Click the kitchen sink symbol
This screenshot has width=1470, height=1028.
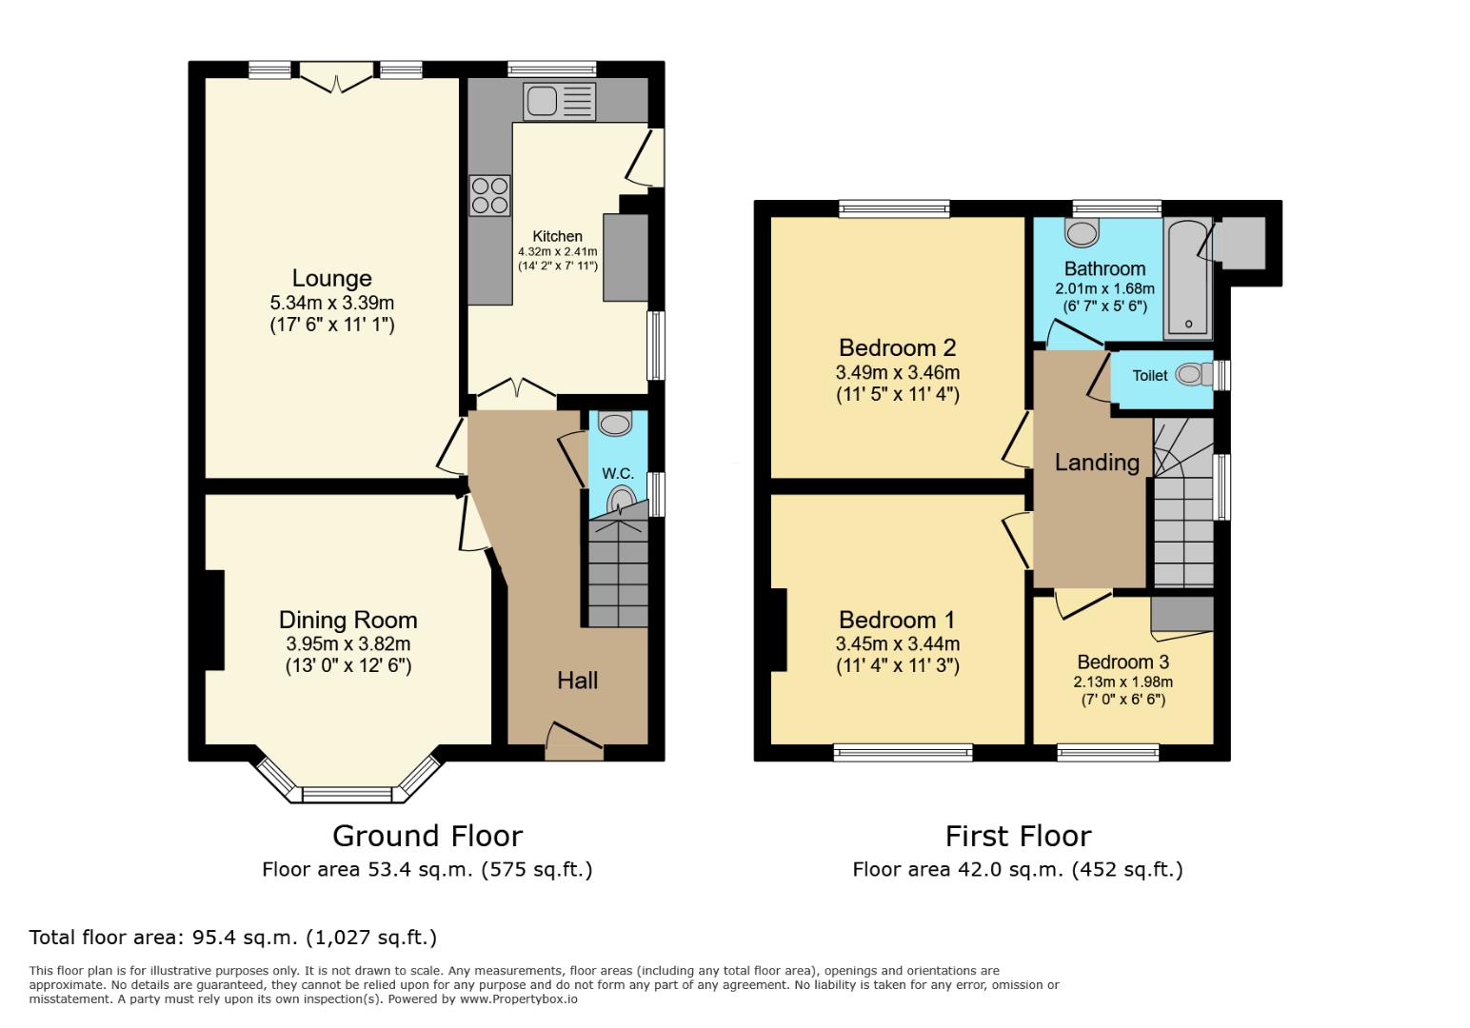[560, 102]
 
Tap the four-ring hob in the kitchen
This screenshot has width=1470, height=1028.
[489, 195]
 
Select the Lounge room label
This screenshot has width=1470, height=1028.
[331, 279]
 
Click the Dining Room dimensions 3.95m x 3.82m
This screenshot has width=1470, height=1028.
[348, 643]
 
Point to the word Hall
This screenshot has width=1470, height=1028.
[577, 680]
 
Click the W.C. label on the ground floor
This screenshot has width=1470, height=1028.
[618, 473]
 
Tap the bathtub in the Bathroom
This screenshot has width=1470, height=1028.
[1187, 278]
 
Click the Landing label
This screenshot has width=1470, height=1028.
[1097, 463]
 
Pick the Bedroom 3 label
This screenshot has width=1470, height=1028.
[1122, 662]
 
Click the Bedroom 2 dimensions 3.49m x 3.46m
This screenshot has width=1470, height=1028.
[897, 372]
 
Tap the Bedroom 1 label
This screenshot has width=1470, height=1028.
[897, 621]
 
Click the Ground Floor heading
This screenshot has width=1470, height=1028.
[427, 836]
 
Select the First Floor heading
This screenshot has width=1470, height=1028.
[1018, 836]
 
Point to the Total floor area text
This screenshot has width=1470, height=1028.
[233, 937]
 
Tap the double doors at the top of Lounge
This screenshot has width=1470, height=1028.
[336, 76]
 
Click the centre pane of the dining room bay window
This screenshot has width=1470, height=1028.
[347, 794]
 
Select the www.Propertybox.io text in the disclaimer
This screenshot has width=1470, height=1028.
[520, 999]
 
